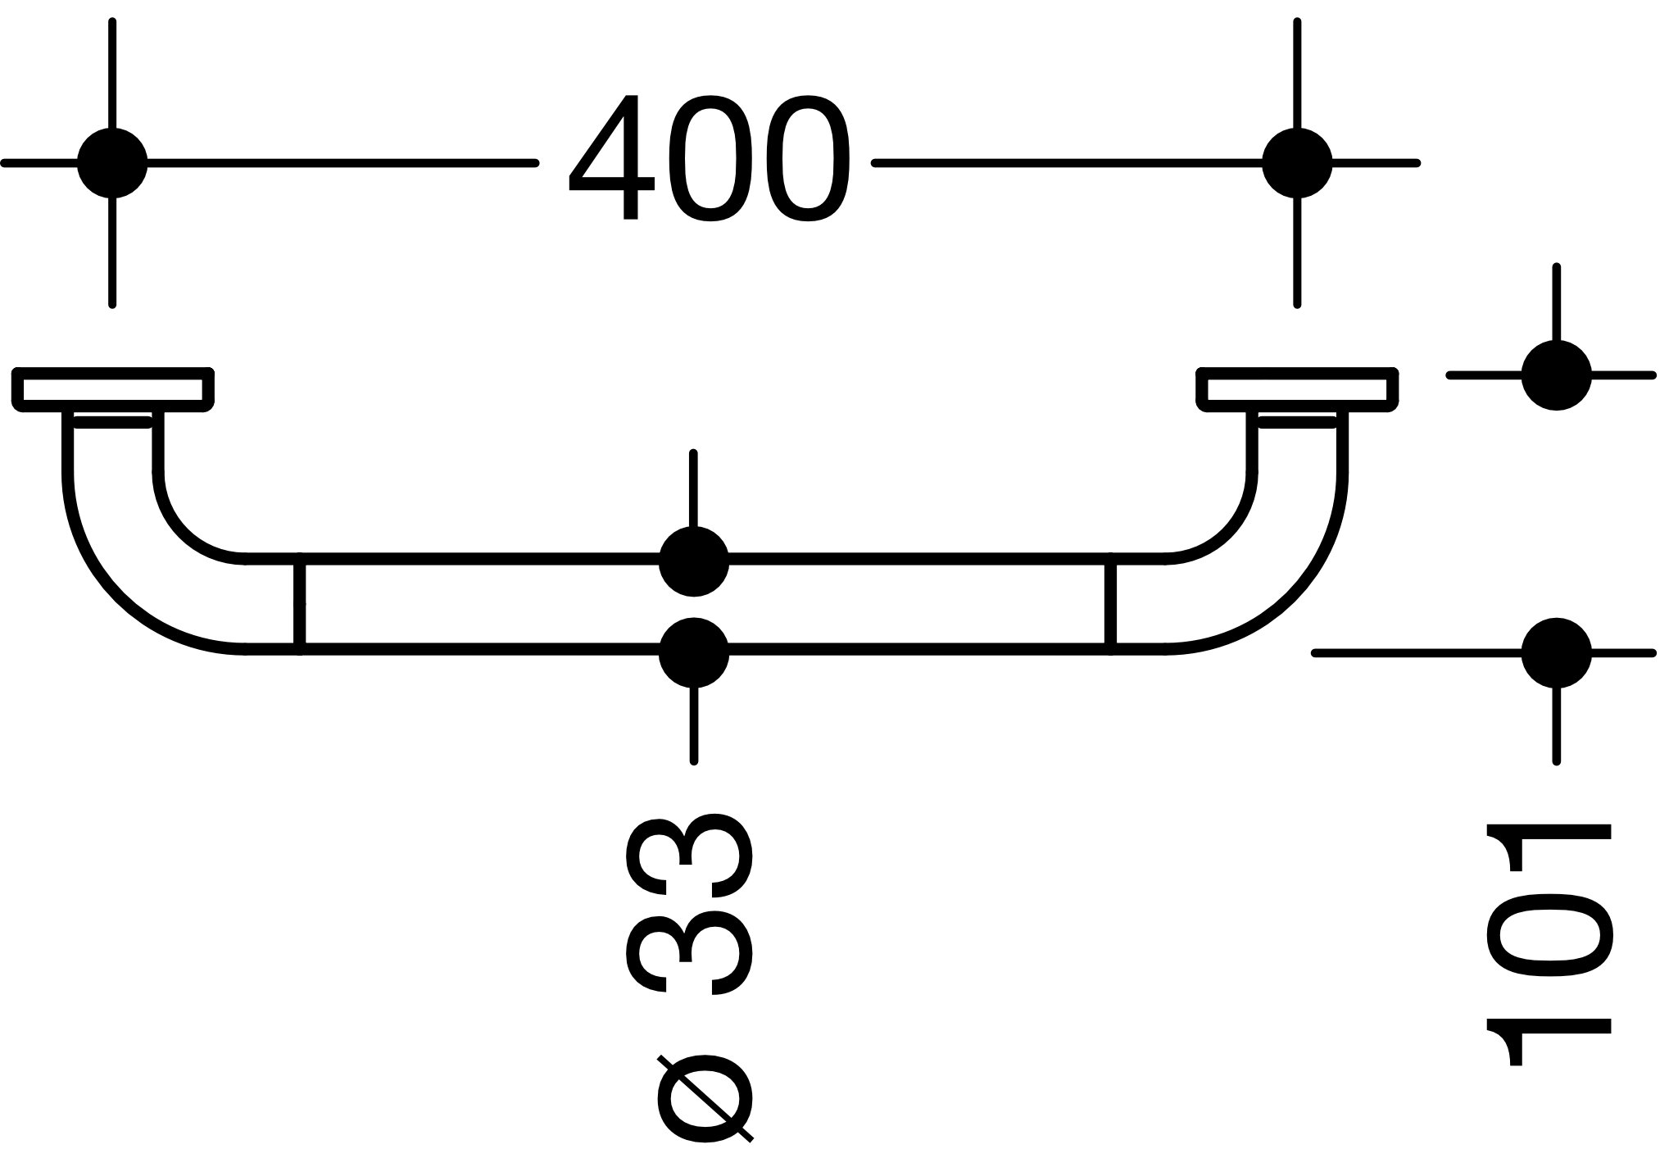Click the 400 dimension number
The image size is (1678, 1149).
pyautogui.click(x=710, y=158)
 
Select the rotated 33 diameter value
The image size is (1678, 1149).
pyautogui.click(x=689, y=904)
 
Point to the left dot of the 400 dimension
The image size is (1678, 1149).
pyautogui.click(x=112, y=163)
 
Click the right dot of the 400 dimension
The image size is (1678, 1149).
pyautogui.click(x=1297, y=163)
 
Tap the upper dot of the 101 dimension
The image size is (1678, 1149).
pyautogui.click(x=1556, y=375)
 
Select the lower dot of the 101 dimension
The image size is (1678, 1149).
pyautogui.click(x=1556, y=653)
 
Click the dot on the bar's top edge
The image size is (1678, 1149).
pyautogui.click(x=694, y=561)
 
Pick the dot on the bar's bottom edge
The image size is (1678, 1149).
pyautogui.click(x=694, y=653)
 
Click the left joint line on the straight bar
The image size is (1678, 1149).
pyautogui.click(x=300, y=606)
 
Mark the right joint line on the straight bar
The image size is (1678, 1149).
pyautogui.click(x=1111, y=606)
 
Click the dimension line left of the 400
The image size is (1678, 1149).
pyautogui.click(x=342, y=163)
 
